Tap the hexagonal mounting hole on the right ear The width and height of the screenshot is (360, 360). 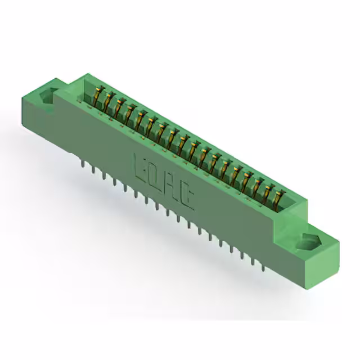(x=307, y=242)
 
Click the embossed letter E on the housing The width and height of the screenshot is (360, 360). (x=139, y=164)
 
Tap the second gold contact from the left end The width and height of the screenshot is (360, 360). (x=108, y=101)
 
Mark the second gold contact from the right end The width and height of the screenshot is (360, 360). (x=267, y=191)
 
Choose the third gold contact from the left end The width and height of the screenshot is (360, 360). (x=119, y=107)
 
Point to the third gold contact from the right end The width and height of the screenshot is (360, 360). (x=256, y=185)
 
